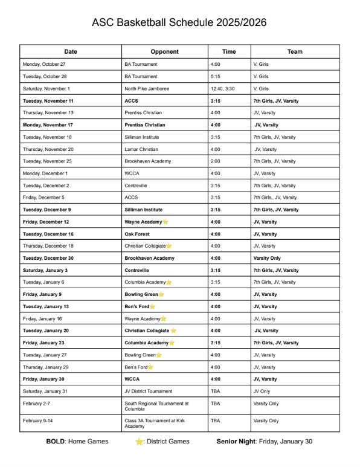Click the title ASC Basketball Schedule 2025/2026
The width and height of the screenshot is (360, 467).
tap(179, 22)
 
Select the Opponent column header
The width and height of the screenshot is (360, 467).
tap(164, 51)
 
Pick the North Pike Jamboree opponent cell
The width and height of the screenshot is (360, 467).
tap(147, 88)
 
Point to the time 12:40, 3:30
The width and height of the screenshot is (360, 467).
tap(223, 88)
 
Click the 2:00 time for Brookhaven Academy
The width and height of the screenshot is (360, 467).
tap(216, 161)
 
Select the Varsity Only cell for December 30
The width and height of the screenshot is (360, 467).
tap(266, 258)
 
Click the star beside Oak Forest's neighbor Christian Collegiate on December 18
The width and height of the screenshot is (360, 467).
tap(169, 246)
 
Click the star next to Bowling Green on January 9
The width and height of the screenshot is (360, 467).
tap(161, 294)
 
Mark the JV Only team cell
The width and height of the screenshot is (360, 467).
tap(263, 391)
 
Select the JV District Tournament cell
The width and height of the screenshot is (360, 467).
tap(149, 391)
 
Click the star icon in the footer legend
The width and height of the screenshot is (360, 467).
tap(140, 442)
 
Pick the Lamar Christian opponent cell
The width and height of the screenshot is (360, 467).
tap(141, 149)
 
